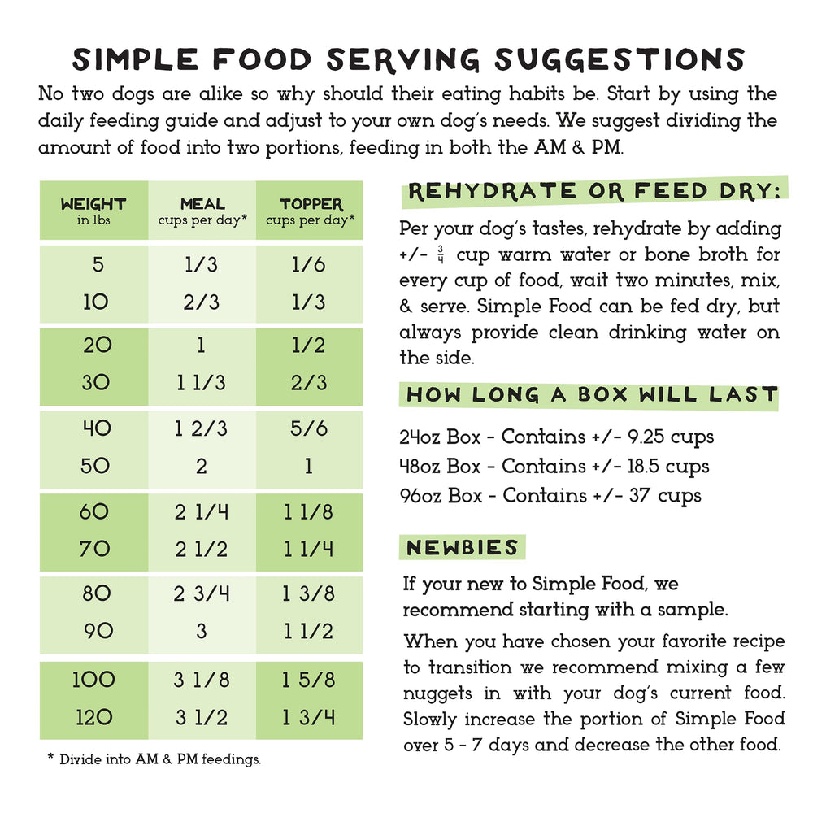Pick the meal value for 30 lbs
pyautogui.click(x=202, y=382)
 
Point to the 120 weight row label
pyautogui.click(x=93, y=718)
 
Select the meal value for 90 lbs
pyautogui.click(x=202, y=631)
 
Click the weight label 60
pyautogui.click(x=93, y=512)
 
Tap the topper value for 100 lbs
pyautogui.click(x=309, y=680)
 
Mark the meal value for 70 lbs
pyautogui.click(x=202, y=550)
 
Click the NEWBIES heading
pyautogui.click(x=463, y=547)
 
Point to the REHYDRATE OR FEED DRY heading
pyautogui.click(x=593, y=192)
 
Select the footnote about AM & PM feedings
pyautogui.click(x=154, y=759)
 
